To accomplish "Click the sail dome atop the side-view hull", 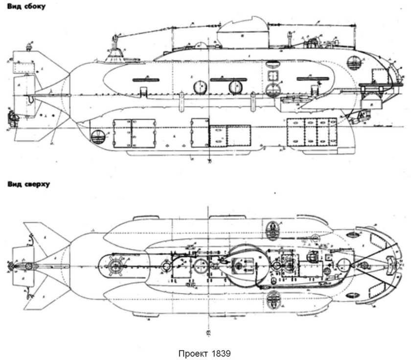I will (243, 31).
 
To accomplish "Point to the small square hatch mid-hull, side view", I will (273, 75).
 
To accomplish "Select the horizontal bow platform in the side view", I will (377, 85).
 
